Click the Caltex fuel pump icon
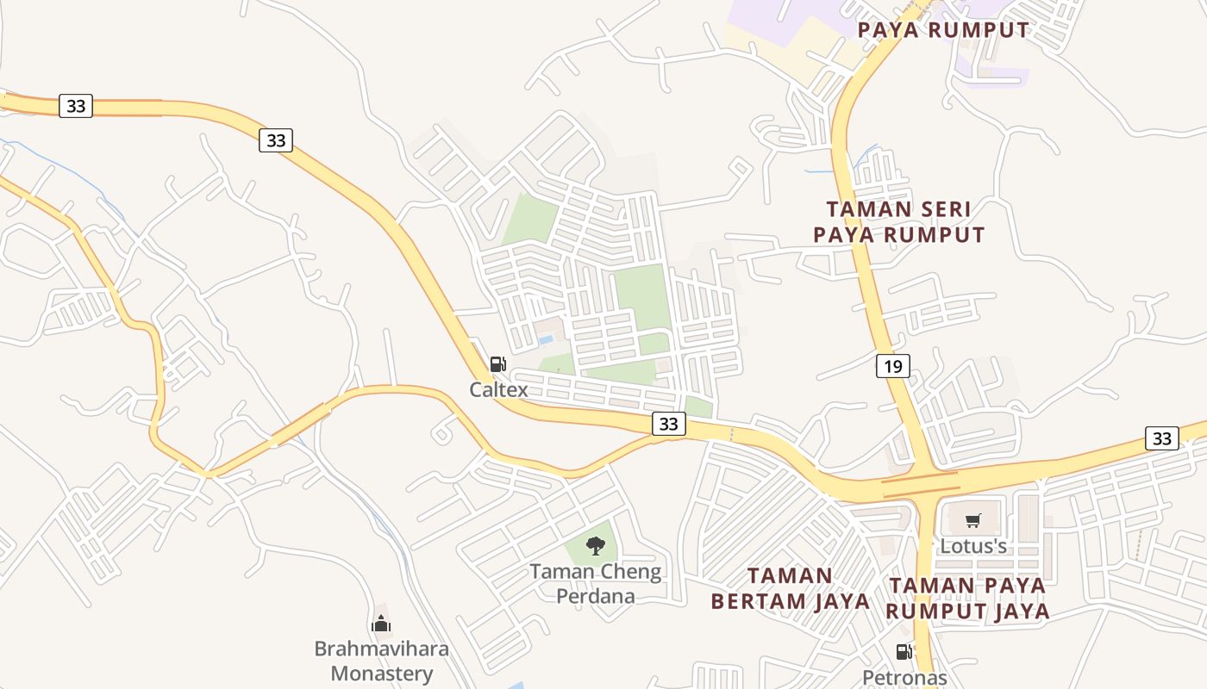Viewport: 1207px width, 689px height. point(497,364)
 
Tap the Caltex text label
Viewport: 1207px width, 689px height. point(498,390)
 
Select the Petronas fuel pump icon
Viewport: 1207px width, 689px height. point(904,652)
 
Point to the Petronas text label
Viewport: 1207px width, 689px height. point(904,678)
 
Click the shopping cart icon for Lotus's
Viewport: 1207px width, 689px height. point(973,520)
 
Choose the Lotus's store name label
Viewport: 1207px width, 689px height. point(973,546)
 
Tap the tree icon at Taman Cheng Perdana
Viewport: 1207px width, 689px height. point(595,545)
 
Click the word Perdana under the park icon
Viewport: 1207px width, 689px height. point(595,596)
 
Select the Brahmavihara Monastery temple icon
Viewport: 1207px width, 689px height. point(381,624)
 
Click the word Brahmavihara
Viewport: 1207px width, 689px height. point(381,649)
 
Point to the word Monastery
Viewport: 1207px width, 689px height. point(381,673)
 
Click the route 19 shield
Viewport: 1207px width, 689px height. point(892,367)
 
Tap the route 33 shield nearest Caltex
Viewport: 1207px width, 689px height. point(669,424)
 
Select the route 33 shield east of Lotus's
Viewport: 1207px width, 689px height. point(1162,438)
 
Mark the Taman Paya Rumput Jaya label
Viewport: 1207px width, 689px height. point(969,598)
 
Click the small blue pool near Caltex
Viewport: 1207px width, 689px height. point(546,340)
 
